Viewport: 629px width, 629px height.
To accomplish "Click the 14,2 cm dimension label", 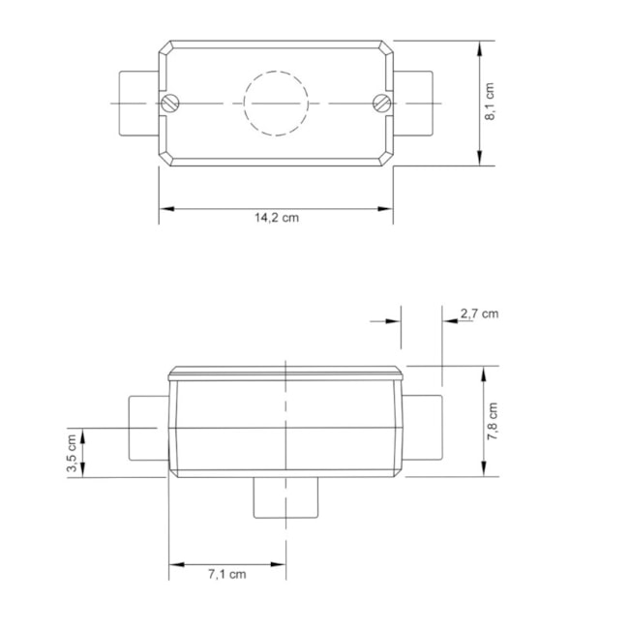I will point(277,218).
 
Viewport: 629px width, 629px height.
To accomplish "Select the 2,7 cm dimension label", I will point(479,314).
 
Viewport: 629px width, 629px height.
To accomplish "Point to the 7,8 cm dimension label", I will point(493,422).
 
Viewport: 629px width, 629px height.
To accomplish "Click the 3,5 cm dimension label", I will point(73,453).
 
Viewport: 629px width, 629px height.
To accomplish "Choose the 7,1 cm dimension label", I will point(226,574).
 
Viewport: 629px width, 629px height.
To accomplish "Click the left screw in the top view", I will point(172,103).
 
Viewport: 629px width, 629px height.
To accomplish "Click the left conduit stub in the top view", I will point(137,103).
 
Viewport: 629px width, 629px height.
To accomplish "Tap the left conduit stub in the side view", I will point(147,431).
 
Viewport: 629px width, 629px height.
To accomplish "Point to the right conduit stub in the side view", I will point(423,431).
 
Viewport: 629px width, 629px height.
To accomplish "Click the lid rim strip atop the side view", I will point(285,373).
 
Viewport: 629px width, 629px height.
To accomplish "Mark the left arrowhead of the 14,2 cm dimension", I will point(165,208).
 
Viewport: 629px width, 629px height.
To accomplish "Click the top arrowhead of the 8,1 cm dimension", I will point(481,46).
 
